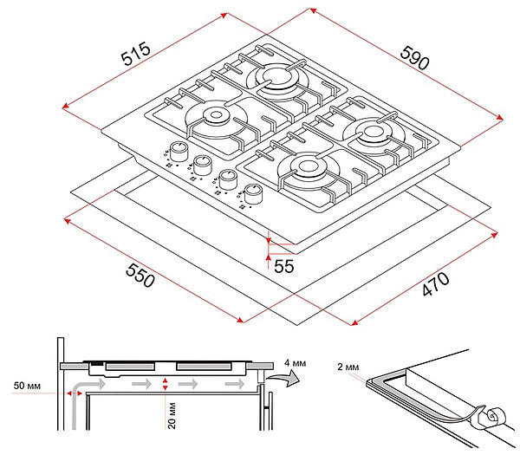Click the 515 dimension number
point(135,55)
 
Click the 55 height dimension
point(284,266)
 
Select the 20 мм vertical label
point(172,416)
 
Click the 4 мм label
point(295,361)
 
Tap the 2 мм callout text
point(347,368)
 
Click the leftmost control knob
point(178,150)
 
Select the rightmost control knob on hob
point(254,194)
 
